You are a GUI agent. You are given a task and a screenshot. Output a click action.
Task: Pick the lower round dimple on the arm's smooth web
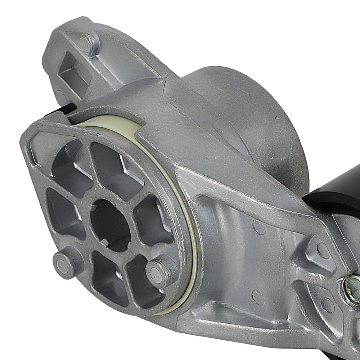(258, 297)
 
